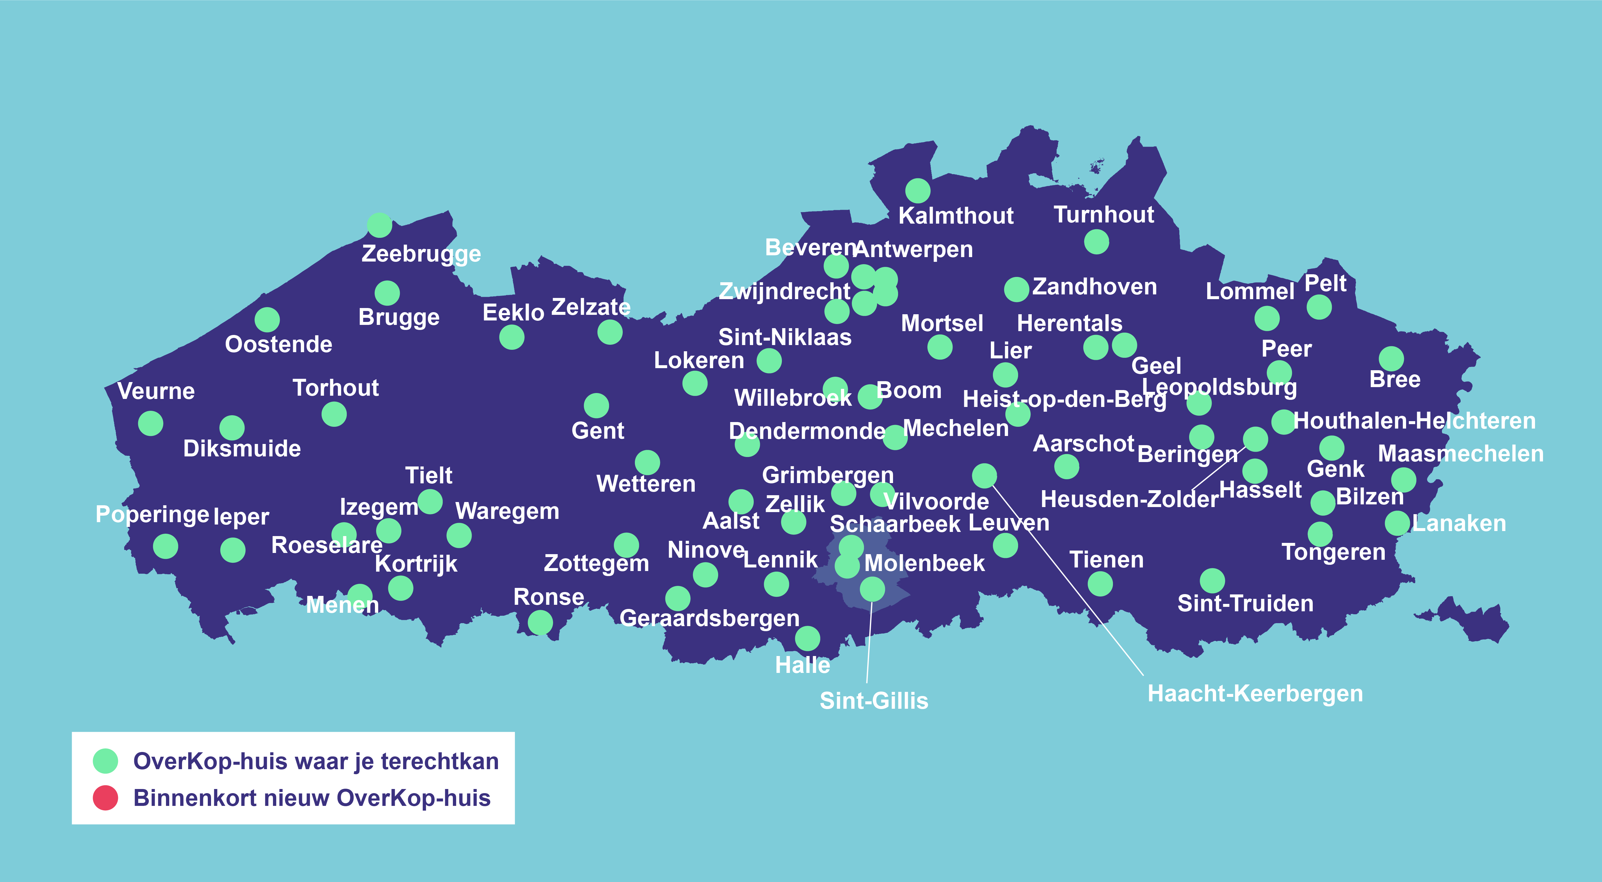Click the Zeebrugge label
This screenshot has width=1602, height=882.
click(x=421, y=254)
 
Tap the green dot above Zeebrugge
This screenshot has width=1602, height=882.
click(x=379, y=225)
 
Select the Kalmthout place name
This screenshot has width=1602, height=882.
click(x=956, y=216)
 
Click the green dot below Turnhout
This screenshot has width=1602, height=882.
click(x=1096, y=242)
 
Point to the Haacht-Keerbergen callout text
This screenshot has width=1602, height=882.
click(x=1255, y=693)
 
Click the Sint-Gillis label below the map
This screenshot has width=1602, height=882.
click(x=874, y=700)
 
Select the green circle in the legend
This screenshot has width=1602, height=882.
click(x=105, y=761)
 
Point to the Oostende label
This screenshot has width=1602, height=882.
click(x=279, y=344)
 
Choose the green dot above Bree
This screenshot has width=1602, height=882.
click(x=1391, y=359)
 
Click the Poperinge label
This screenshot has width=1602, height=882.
click(x=152, y=514)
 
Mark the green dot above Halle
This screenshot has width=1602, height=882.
click(x=807, y=638)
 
